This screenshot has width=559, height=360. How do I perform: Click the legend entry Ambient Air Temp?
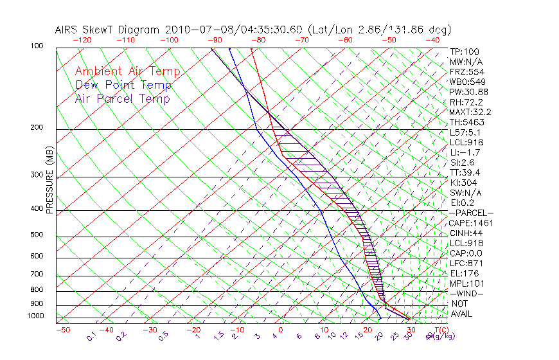coord(127,71)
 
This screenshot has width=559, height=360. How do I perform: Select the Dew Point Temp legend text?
coord(123,85)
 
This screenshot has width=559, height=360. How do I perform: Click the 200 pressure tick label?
coord(37,128)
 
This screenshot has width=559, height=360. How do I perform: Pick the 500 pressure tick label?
coord(37,235)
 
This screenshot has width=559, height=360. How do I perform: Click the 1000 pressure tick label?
coord(35,316)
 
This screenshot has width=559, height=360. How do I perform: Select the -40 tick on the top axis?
coord(432,40)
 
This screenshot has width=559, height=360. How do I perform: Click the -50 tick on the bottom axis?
coord(62,330)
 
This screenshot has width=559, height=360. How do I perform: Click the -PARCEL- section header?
coord(472,213)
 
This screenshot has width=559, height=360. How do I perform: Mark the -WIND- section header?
coord(466,293)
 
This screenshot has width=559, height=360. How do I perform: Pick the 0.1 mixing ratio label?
coord(92,336)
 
